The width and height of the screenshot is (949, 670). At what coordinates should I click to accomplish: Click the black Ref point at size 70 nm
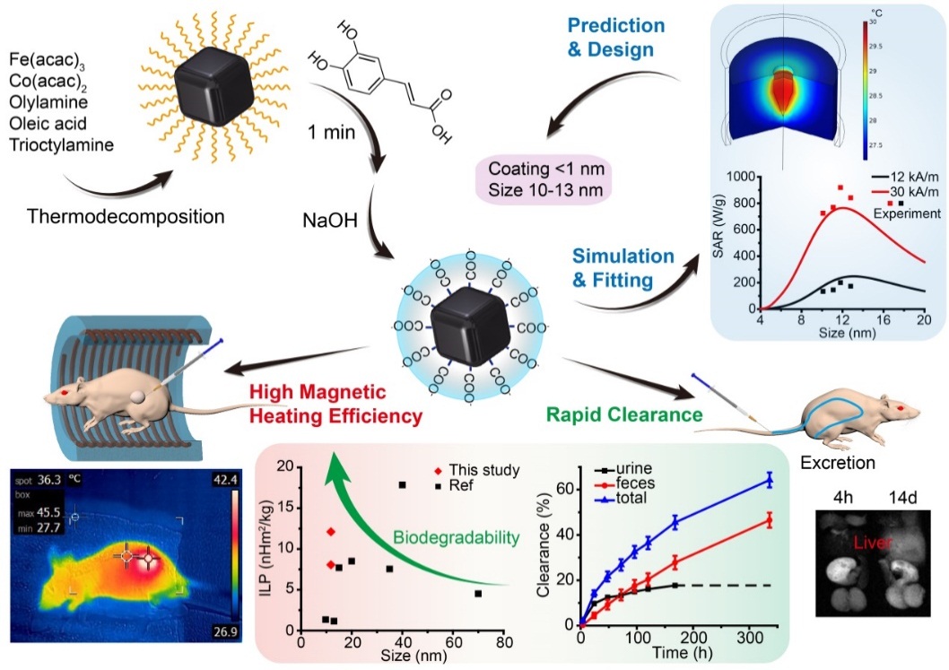pos(478,593)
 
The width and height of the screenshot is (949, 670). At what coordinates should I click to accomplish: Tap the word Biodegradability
pos(457,538)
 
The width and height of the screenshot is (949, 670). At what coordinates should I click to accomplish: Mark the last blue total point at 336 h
pos(768,480)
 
